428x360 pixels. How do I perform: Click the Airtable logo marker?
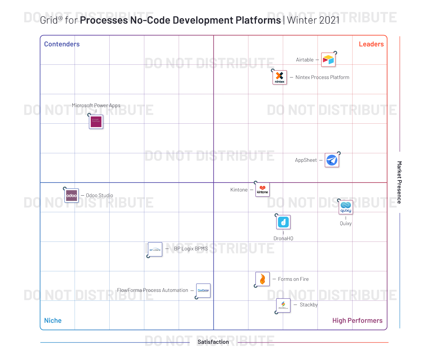[328, 60]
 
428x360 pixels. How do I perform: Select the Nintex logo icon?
[280, 77]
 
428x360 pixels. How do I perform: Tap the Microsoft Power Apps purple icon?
[96, 122]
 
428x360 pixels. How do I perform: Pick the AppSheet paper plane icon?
[332, 160]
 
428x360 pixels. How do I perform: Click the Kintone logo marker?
[262, 190]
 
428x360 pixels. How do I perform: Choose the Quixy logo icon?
[346, 207]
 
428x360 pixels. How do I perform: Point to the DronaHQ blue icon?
[283, 222]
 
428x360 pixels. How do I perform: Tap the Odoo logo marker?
[71, 196]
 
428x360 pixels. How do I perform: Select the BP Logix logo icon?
[155, 250]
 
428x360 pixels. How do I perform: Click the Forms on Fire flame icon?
[262, 279]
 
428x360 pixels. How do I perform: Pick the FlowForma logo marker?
[203, 291]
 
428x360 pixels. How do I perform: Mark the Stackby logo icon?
[283, 305]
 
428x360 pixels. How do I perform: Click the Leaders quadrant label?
[371, 44]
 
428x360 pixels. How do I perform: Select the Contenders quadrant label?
[62, 44]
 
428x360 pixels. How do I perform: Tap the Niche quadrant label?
[53, 320]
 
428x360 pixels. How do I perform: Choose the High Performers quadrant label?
[357, 320]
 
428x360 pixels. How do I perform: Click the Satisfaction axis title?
[213, 342]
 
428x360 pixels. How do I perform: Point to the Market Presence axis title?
[399, 182]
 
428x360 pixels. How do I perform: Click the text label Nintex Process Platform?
[322, 77]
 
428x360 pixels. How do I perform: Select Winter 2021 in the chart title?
[313, 20]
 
